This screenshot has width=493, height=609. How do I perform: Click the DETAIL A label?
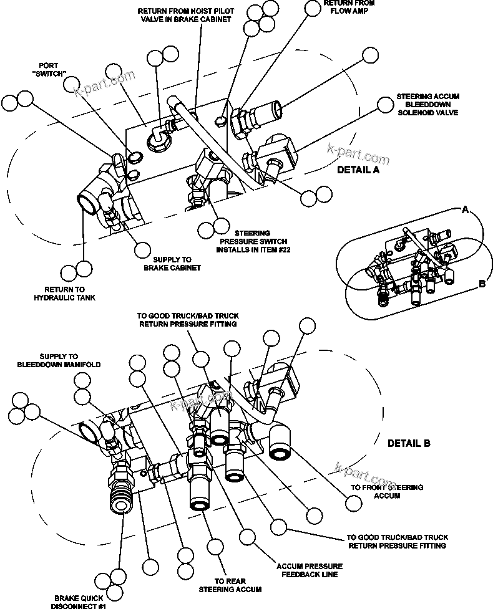[x=358, y=170]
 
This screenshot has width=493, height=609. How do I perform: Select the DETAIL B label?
[x=409, y=444]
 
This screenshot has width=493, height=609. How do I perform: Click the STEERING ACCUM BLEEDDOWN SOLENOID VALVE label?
[x=427, y=105]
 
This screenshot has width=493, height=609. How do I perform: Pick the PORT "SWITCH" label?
[x=52, y=69]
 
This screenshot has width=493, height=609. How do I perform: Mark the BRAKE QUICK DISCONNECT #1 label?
[x=80, y=600]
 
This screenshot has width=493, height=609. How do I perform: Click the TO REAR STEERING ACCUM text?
[x=230, y=585]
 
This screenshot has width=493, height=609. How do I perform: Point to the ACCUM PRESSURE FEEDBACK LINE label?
[x=310, y=570]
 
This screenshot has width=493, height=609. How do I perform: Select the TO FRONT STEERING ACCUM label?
[x=386, y=491]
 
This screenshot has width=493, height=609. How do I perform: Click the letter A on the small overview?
[x=464, y=211]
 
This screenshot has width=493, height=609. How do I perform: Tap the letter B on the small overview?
[x=482, y=284]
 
